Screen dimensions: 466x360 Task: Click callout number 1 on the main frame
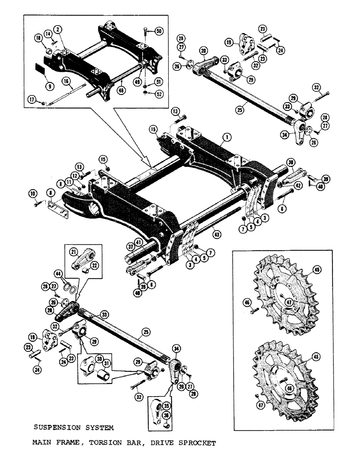[x=226, y=137]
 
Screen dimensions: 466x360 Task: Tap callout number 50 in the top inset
[x=159, y=31]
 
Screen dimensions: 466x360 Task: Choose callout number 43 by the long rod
[x=215, y=230]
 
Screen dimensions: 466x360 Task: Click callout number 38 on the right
[x=291, y=163]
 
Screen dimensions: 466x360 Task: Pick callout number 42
[x=285, y=185]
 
